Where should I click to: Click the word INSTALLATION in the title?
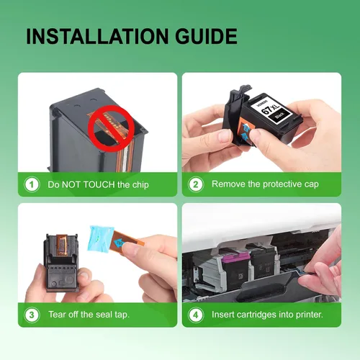pos(97,36)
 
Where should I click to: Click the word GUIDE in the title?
pos(206,36)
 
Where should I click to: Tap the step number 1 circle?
pos(32,184)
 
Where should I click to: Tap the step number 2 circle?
pos(196,184)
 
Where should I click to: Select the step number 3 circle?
pos(32,315)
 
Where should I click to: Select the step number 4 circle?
pos(196,315)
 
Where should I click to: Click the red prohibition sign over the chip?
pos(111,128)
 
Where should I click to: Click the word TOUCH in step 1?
pos(99,184)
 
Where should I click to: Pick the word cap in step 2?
pos(312,184)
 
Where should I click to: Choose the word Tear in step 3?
pos(57,315)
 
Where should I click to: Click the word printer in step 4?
pos(309,315)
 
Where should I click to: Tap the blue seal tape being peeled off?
pos(100,239)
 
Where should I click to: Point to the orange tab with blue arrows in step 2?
pos(245,131)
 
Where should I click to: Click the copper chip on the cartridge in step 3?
pos(62,246)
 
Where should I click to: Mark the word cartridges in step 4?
pos(257,315)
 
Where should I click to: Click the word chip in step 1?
pos(140,185)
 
